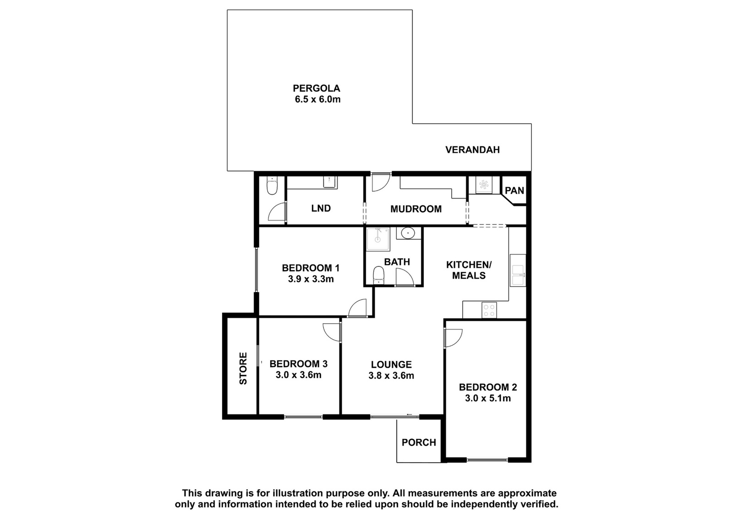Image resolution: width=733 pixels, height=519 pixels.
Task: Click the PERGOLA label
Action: coord(317,88)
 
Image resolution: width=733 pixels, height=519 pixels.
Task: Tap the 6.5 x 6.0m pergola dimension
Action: coord(318,99)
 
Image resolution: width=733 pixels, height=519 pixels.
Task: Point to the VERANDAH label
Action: coord(472,150)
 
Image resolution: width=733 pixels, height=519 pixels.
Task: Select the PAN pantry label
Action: coord(514,191)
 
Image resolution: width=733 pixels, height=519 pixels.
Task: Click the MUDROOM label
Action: coord(416,209)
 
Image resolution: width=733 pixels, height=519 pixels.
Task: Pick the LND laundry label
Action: coord(321,208)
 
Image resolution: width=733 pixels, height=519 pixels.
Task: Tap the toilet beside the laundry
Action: coord(272,186)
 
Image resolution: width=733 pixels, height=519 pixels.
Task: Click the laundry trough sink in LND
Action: coord(330,182)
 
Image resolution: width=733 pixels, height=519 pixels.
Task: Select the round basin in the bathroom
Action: coord(408,233)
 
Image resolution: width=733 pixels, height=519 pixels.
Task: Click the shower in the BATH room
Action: coord(378,239)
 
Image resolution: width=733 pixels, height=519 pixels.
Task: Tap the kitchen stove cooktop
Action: coord(489,310)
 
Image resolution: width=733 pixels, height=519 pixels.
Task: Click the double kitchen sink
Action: coord(518,275)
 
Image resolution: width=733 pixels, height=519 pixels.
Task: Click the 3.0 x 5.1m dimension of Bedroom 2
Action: coord(488,398)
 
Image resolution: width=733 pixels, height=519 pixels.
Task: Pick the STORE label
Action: coord(243,368)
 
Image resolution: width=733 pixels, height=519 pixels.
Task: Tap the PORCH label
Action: coord(419,443)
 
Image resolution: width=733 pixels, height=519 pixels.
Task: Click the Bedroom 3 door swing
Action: coord(332,333)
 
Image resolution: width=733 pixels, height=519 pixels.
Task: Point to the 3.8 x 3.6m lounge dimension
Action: coord(391,375)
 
